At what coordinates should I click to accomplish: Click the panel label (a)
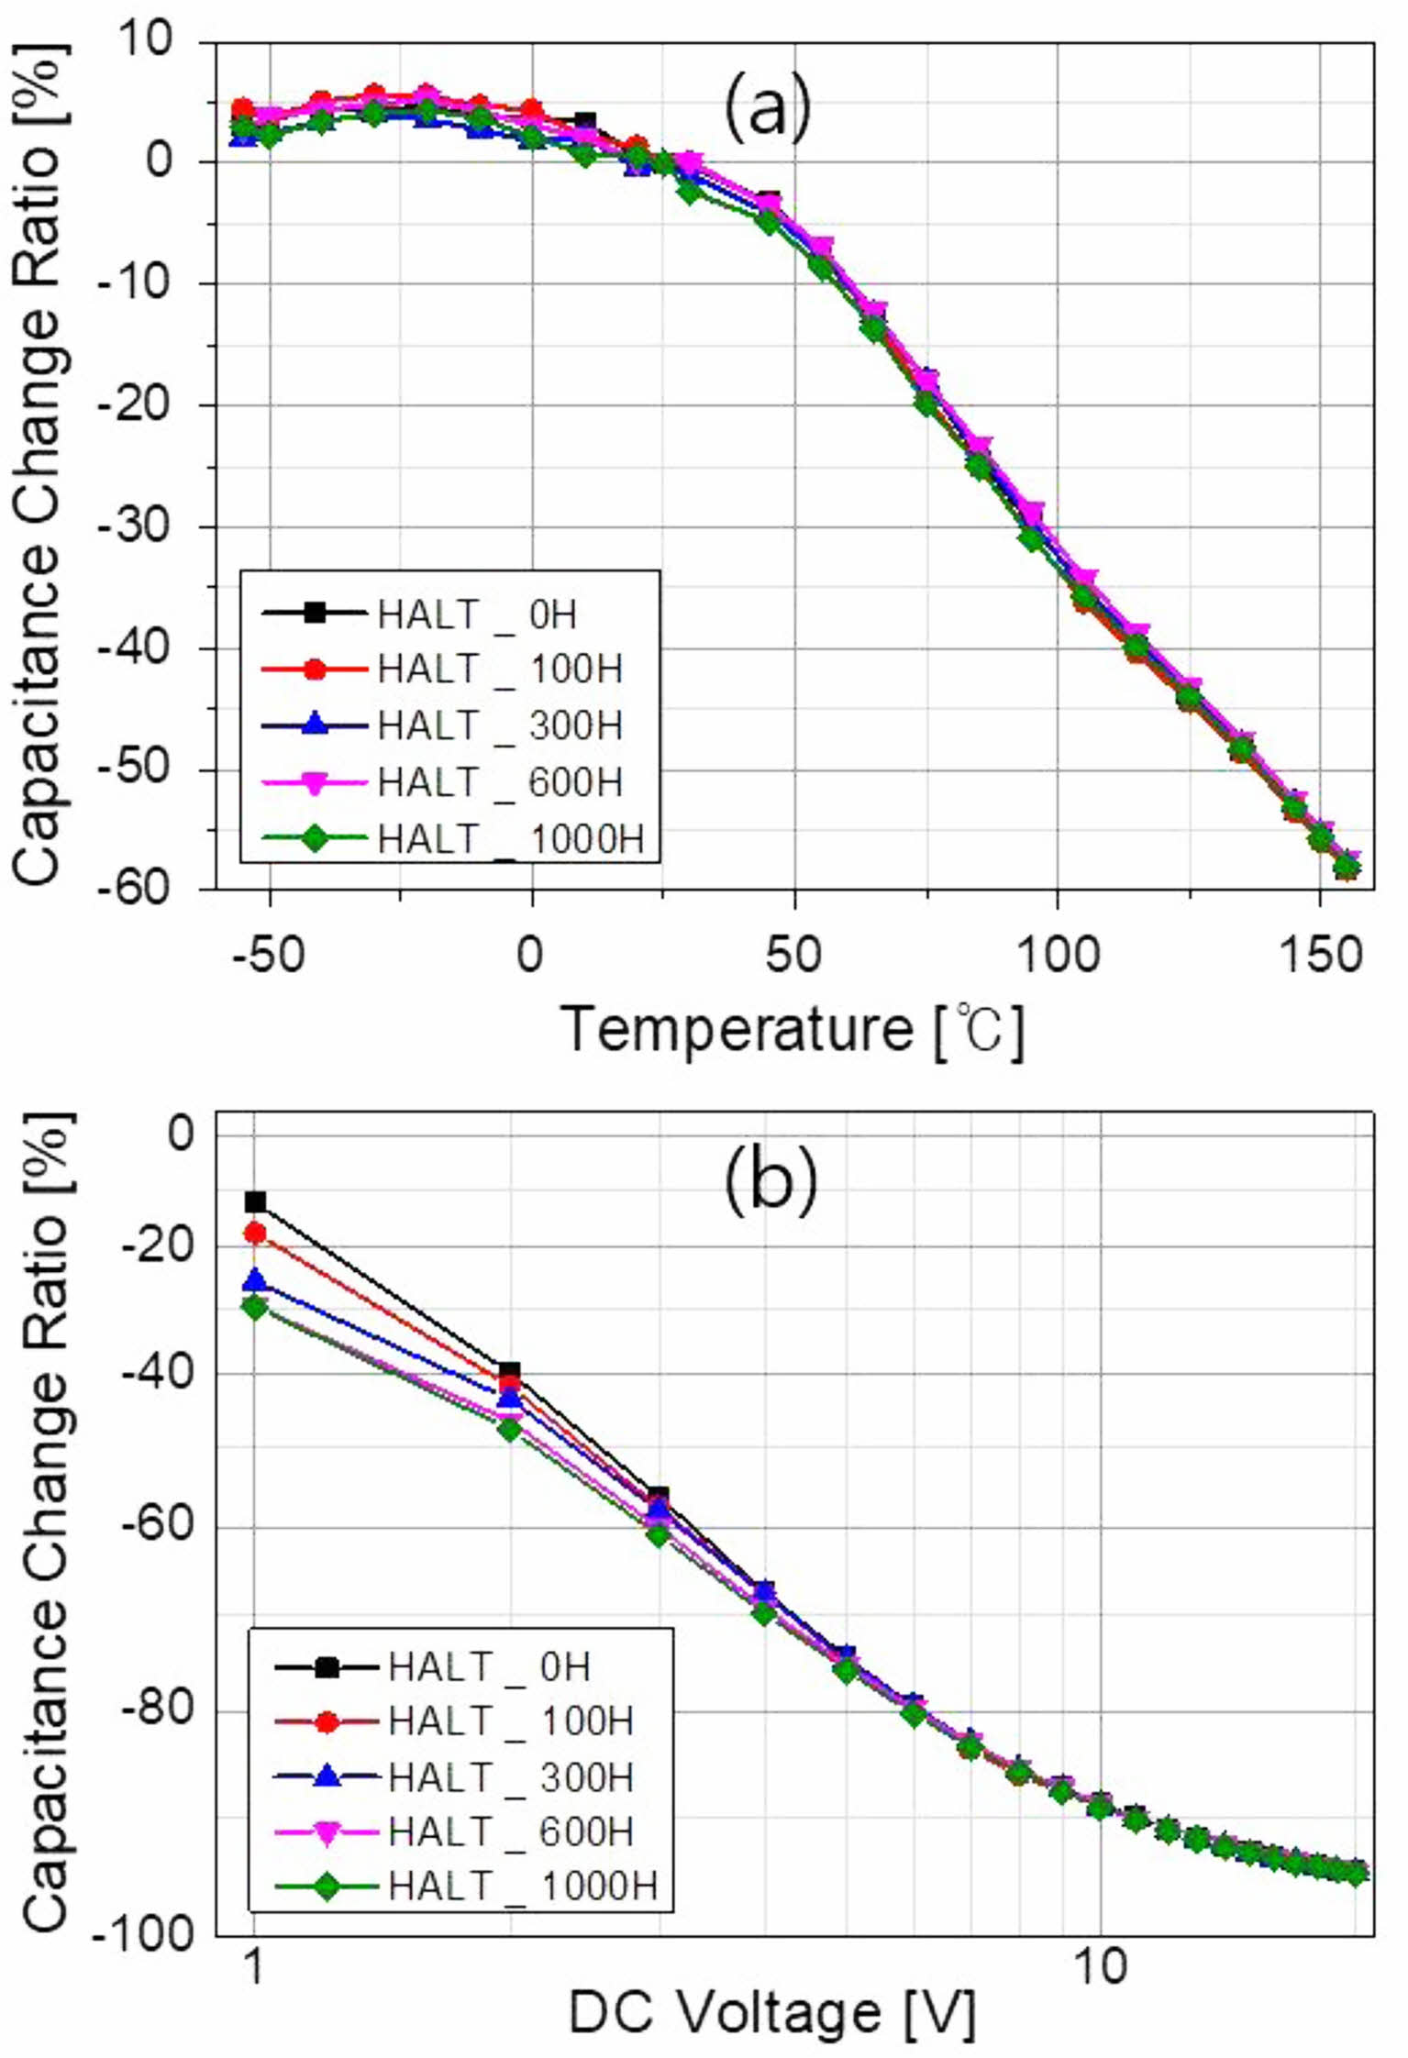coord(768,108)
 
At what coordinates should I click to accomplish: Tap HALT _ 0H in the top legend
coord(477,614)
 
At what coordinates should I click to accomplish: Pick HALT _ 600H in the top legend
coord(500,782)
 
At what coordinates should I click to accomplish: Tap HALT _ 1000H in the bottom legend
coord(523,1888)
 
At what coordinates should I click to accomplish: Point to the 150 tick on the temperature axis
coord(1320,955)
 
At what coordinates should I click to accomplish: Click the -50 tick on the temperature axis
coord(267,955)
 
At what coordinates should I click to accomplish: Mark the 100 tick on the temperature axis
coord(1058,955)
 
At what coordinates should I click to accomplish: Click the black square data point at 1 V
coord(255,1201)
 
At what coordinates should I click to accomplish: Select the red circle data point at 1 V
coord(255,1234)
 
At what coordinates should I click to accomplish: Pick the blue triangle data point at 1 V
coord(255,1279)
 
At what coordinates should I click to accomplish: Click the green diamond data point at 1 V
coord(255,1308)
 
